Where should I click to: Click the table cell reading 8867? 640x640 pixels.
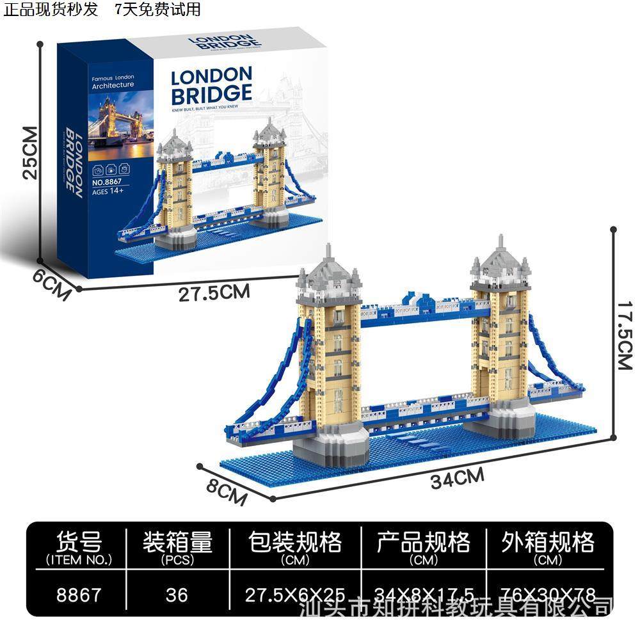(x=79, y=595)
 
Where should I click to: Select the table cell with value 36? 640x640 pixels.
(x=176, y=595)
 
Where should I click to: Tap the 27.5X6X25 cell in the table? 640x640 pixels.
(x=295, y=595)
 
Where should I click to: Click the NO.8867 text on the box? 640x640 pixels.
(x=107, y=182)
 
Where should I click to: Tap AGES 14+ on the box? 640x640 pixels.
(x=106, y=191)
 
